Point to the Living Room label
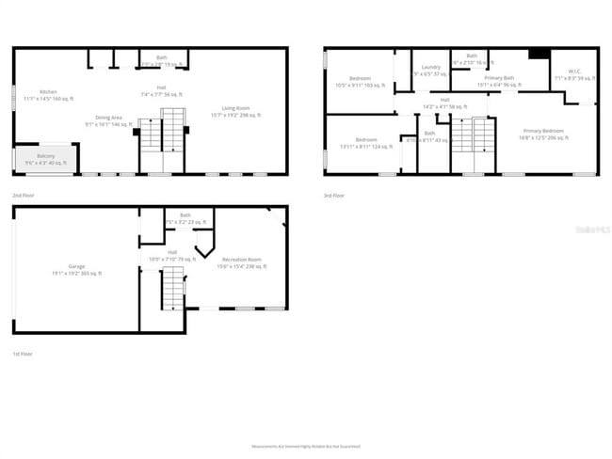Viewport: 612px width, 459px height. point(235,111)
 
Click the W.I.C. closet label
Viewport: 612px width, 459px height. point(574,72)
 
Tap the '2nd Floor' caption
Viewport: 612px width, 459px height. point(24,196)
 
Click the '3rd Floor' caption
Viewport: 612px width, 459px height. point(334,196)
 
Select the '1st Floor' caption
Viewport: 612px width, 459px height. point(24,353)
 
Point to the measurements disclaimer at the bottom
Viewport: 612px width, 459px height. point(305,446)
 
